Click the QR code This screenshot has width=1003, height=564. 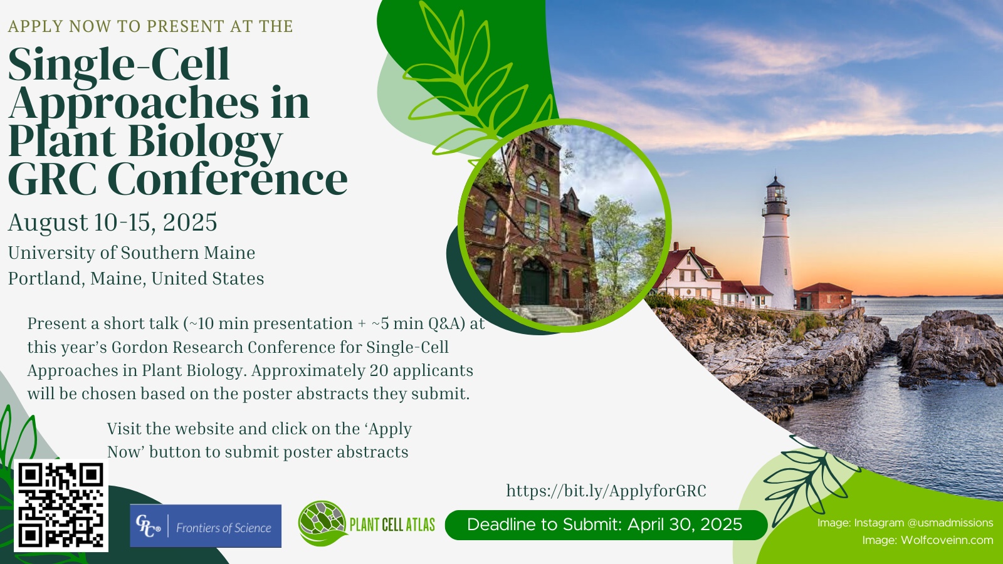click(61, 505)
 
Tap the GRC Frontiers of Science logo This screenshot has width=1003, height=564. click(206, 526)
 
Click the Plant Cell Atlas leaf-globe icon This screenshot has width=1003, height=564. click(322, 523)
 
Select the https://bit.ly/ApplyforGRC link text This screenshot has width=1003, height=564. click(606, 491)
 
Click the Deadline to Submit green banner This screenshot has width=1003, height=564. click(606, 525)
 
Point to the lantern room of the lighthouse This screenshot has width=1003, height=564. click(775, 197)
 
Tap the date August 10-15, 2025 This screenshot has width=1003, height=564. click(112, 222)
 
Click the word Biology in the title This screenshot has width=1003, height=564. click(206, 142)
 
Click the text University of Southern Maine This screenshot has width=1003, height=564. click(132, 253)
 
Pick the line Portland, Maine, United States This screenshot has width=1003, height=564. click(136, 278)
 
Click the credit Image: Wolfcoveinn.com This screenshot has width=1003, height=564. click(927, 540)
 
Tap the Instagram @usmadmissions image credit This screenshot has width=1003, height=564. click(905, 523)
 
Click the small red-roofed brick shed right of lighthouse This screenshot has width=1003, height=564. click(824, 296)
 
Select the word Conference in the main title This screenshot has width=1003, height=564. click(228, 179)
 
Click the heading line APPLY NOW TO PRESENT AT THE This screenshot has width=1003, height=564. click(150, 26)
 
